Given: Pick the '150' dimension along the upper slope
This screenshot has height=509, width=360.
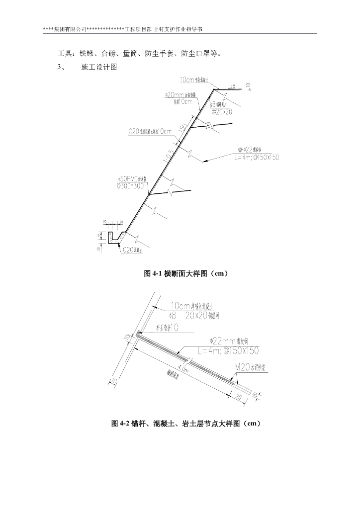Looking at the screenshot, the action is (x=183, y=126).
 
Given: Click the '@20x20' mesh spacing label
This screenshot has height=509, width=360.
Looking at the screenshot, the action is (x=222, y=112).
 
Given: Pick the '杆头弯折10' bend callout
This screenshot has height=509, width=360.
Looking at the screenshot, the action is (x=167, y=329).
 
